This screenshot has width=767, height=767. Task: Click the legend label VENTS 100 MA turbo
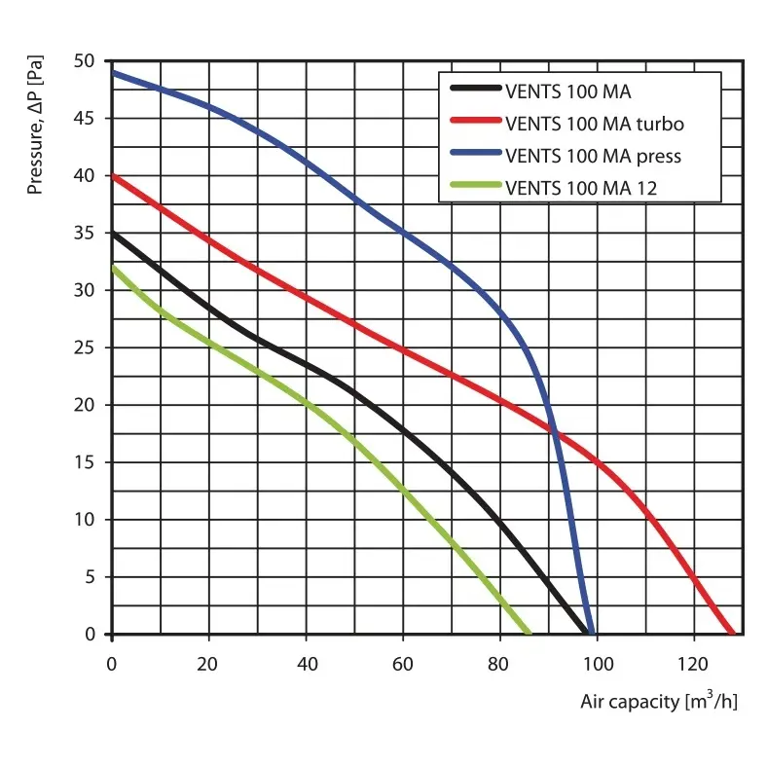coord(594,124)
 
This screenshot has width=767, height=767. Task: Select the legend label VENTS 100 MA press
coord(593,156)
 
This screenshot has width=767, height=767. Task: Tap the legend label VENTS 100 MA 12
coord(581,188)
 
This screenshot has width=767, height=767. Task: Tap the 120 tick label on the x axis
coord(693,664)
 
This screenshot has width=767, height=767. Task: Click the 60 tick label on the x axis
coord(403,664)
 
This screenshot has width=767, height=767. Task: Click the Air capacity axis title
coord(658,701)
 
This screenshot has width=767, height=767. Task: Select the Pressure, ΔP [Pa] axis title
coord(36,124)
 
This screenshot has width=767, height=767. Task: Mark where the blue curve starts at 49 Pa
coord(113,73)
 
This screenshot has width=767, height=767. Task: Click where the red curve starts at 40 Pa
coord(113,176)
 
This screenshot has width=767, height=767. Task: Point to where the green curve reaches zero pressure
coord(529,633)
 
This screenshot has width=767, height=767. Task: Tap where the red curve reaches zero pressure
coord(731,633)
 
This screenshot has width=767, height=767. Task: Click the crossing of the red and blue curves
coord(553,426)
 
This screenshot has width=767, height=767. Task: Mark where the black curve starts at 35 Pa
coord(113,234)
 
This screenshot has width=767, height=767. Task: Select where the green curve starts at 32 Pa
coord(113,268)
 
